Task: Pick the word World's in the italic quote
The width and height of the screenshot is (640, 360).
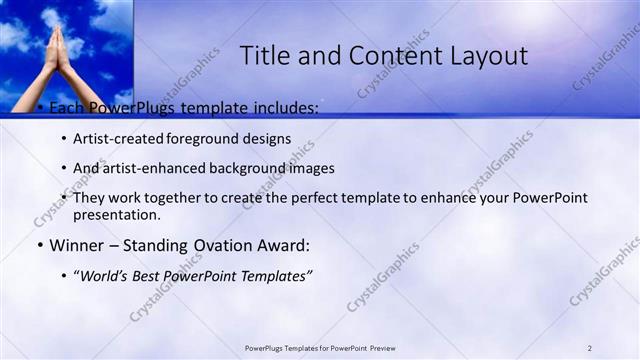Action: (x=107, y=274)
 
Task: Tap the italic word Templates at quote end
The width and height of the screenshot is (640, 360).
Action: (x=277, y=274)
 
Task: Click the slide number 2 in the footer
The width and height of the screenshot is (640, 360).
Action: (x=590, y=348)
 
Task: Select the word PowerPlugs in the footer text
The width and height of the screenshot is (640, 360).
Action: (x=266, y=348)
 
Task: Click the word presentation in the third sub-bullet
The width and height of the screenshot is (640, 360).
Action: (x=116, y=214)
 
